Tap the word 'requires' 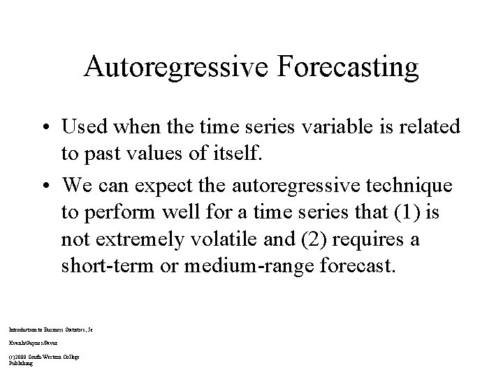[365, 240]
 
